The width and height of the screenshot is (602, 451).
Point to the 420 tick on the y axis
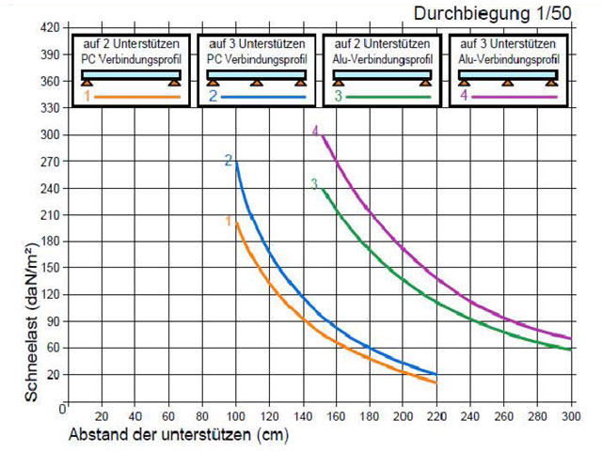pos(50,27)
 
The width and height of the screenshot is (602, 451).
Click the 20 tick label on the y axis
pos(53,374)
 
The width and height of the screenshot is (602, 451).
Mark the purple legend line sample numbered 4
pos(515,97)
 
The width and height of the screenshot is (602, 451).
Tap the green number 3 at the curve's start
pos(314,184)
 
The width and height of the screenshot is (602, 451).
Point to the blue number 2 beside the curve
pos(228,162)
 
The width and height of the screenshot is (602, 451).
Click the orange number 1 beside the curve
pos(228,221)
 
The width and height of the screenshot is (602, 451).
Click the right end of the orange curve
pos(436,382)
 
